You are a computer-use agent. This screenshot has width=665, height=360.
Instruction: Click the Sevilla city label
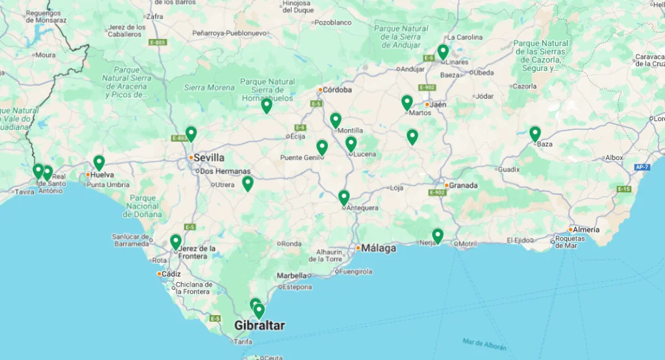[x=209, y=158]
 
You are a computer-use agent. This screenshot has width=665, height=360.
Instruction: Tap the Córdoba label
[x=338, y=90]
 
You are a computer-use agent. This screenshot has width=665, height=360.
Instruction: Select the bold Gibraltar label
[x=259, y=326]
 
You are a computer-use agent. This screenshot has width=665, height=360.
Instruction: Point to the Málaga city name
[x=379, y=248]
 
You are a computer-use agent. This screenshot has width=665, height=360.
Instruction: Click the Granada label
[x=464, y=185]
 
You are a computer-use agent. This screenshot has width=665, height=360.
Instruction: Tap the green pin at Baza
[x=534, y=134]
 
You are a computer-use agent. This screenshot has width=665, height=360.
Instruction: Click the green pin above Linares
[x=443, y=51]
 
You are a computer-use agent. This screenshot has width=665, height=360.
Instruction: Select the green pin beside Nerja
[x=438, y=235]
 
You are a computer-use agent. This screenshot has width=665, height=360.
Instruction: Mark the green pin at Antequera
[x=344, y=197]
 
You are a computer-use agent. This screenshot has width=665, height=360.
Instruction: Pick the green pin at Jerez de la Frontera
[x=175, y=242]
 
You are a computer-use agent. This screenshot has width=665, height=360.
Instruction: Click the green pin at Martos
[x=407, y=102]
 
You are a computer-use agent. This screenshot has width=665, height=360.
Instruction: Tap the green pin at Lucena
[x=351, y=144]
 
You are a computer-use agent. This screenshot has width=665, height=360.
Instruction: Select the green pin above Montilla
[x=335, y=120]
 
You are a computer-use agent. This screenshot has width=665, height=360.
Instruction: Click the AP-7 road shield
[x=642, y=168]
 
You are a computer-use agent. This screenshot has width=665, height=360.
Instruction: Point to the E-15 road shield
[x=623, y=189]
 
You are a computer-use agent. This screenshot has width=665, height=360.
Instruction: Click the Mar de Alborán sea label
[x=484, y=342]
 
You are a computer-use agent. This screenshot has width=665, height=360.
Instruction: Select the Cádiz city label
[x=171, y=274]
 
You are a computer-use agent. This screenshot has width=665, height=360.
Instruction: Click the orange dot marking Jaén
[x=427, y=104]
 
